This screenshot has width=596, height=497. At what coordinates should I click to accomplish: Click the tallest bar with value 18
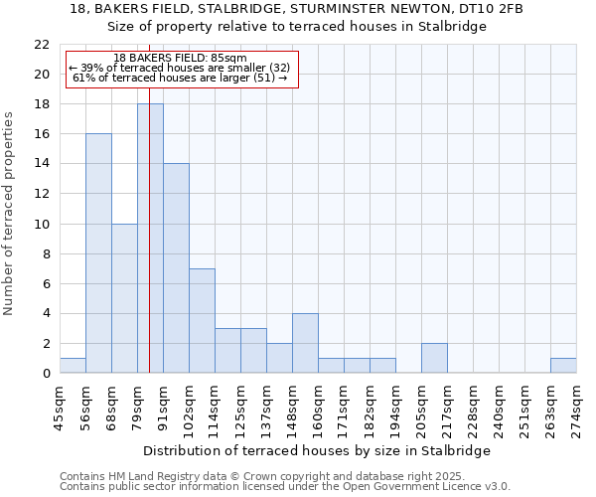pos(150,239)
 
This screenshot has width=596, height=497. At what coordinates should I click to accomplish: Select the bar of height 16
pos(98,253)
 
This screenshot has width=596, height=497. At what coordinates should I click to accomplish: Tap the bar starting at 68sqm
pos(124,298)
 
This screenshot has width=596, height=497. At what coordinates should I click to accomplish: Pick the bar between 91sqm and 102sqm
pos(176,268)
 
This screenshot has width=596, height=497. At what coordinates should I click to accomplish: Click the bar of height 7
pos(202,320)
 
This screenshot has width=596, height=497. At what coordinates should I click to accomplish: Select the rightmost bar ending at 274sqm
pos(563,366)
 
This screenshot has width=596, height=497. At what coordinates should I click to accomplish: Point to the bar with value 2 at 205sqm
pos(434,358)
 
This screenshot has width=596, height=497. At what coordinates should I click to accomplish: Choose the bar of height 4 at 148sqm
pos(305,343)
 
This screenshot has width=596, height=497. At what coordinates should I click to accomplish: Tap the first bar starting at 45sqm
pos(73,366)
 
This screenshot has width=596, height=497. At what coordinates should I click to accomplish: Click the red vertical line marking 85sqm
pos(149,199)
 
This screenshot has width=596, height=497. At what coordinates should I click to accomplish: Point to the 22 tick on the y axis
pos(42,45)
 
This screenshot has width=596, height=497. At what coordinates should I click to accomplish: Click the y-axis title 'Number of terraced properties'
pos(11,214)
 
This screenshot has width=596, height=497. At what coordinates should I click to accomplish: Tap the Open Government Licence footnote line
pos(285,486)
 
